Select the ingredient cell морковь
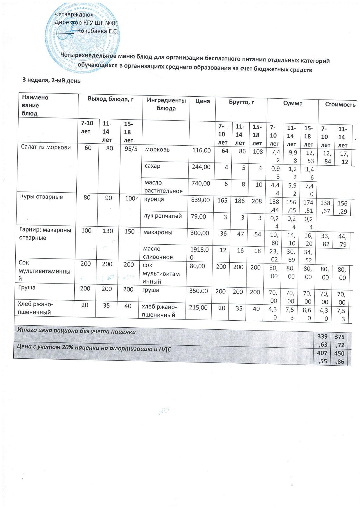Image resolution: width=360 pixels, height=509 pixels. coord(157,150)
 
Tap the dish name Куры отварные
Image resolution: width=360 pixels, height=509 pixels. coord(42,197)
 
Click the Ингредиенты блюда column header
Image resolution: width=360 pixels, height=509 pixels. coord(166,104)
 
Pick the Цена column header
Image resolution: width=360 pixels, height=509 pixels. coord(203,101)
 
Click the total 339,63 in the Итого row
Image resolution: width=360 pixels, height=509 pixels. coord(323,340)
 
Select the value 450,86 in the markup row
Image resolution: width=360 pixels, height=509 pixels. coord(340,357)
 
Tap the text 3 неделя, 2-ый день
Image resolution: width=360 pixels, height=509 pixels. coord(52,81)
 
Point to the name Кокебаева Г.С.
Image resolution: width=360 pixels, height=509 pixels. coord(98,32)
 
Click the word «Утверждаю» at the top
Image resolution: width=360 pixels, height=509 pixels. coord(74,14)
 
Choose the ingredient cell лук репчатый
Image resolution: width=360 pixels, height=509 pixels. coord(164,216)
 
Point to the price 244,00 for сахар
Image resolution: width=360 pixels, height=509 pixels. coord(201,167)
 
